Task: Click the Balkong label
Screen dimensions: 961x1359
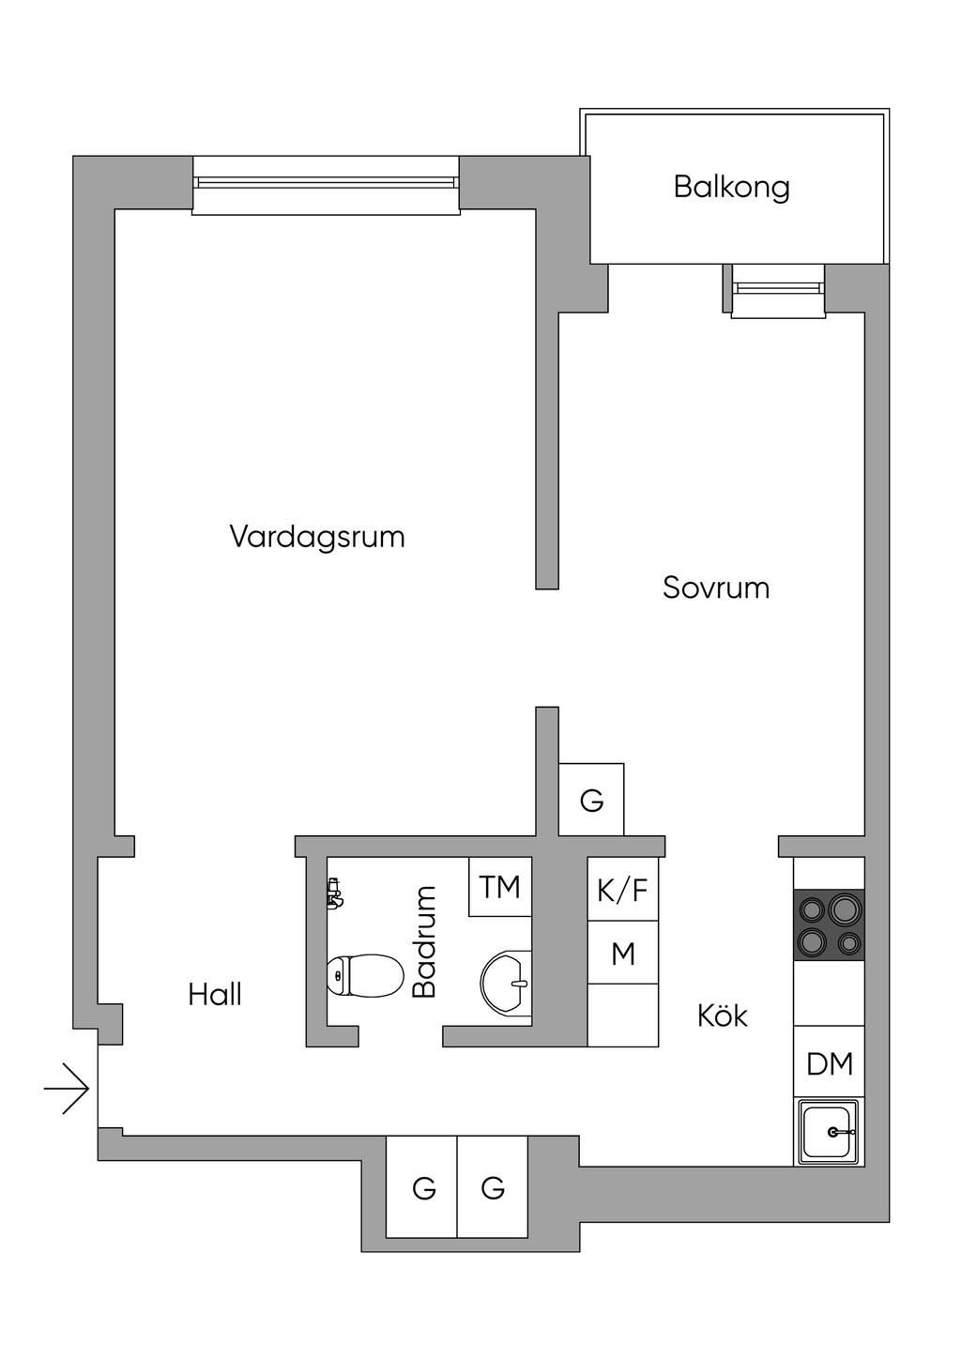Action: click(731, 188)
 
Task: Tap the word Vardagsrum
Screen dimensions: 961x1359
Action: click(317, 537)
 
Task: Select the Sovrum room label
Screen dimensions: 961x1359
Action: click(716, 588)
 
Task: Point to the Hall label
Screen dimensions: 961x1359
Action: click(215, 995)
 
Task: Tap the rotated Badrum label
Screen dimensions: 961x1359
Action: click(424, 941)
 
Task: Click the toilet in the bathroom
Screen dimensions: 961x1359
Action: click(365, 976)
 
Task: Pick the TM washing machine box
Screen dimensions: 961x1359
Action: click(500, 886)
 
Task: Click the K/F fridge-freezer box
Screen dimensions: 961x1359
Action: click(623, 889)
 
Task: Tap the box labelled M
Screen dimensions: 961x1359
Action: click(623, 953)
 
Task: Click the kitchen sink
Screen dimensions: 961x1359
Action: click(829, 1132)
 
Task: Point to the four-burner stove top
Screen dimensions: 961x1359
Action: click(829, 925)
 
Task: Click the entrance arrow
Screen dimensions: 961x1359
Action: click(67, 1089)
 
